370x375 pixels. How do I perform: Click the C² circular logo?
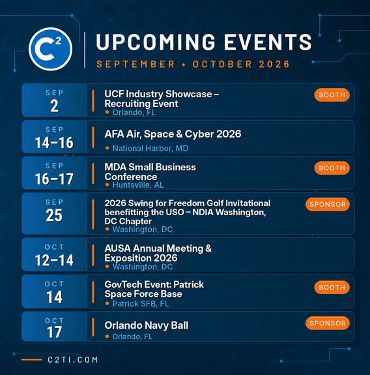[x=50, y=49]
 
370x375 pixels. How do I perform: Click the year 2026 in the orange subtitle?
[x=274, y=64]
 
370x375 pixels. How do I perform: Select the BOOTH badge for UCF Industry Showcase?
[x=332, y=95]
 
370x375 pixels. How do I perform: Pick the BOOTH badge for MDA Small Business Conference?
[x=332, y=168]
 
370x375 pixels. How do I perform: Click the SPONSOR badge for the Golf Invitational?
[x=328, y=204]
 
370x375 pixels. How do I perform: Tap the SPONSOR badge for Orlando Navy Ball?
[x=328, y=323]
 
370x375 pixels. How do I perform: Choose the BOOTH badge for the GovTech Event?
[x=332, y=287]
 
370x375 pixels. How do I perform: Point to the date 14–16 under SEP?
[x=54, y=143]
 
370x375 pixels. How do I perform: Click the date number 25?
[x=54, y=215]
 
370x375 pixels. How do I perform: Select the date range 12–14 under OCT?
[x=54, y=260]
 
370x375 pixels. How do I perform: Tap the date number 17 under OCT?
[x=55, y=332]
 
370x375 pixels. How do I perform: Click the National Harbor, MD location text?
[x=150, y=148]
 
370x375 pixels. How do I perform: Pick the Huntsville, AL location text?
[x=138, y=185]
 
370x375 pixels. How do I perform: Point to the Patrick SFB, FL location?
[x=141, y=304]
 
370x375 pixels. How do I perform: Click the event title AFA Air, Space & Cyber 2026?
[x=173, y=134]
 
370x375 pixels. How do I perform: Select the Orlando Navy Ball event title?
[x=146, y=325]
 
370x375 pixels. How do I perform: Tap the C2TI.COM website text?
[x=72, y=360]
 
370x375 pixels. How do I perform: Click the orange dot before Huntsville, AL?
[x=107, y=185]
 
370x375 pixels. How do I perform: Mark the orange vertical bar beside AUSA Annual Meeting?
[x=93, y=255]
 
